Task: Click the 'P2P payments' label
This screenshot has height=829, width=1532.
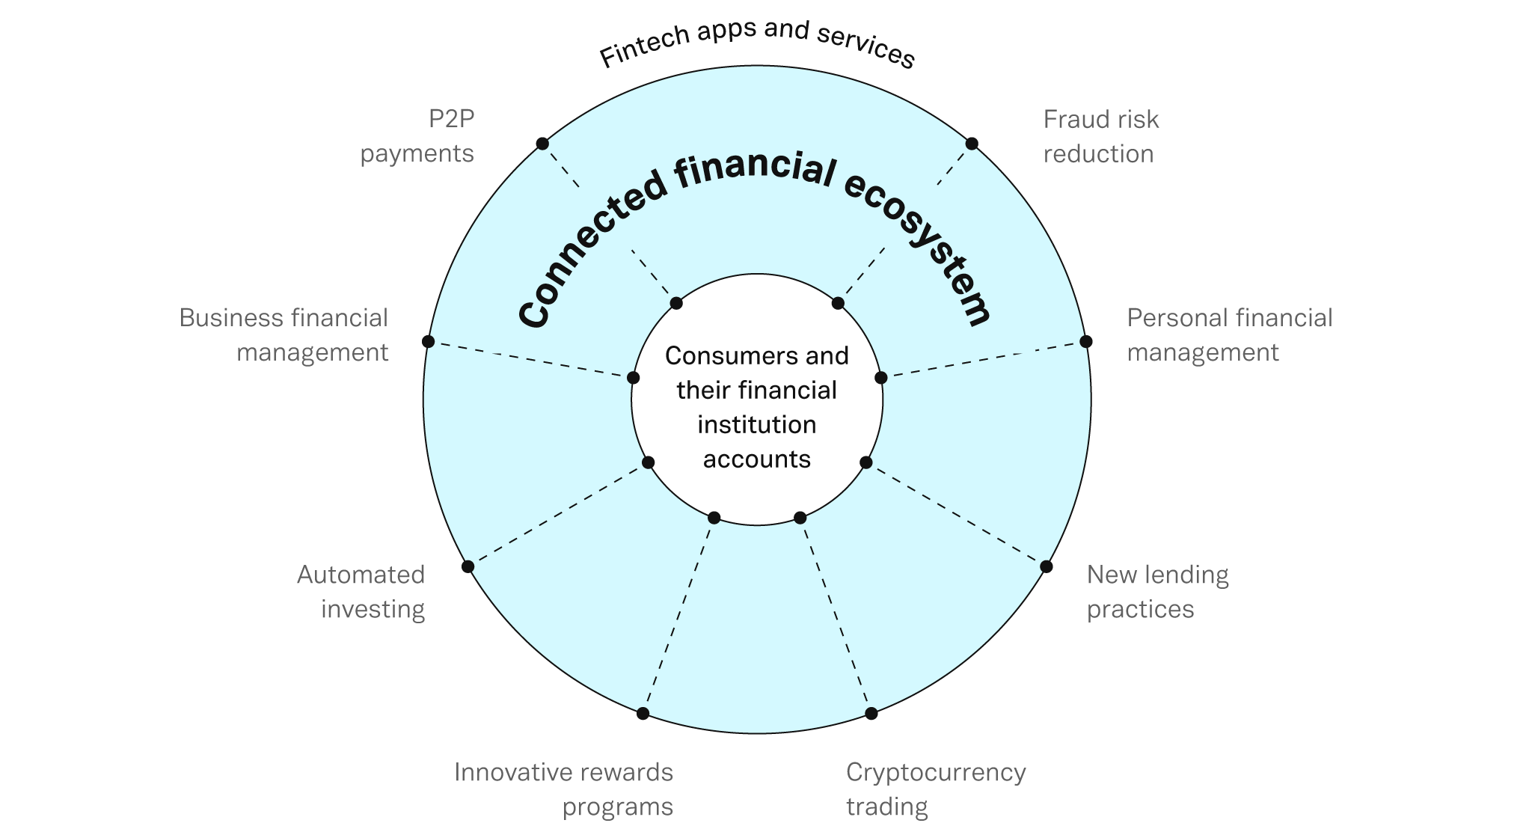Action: click(x=417, y=136)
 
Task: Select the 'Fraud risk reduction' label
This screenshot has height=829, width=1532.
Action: click(x=1100, y=136)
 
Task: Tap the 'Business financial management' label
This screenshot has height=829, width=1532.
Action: click(x=284, y=334)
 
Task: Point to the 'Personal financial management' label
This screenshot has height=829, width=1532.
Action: click(x=1229, y=334)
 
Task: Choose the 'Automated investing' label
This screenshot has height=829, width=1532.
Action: click(x=361, y=591)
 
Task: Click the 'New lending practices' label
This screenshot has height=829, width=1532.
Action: click(x=1157, y=591)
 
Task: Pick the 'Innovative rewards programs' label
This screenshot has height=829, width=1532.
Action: click(x=564, y=789)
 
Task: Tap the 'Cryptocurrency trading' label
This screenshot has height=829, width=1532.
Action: click(x=935, y=789)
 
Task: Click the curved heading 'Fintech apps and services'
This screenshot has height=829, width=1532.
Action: click(x=757, y=42)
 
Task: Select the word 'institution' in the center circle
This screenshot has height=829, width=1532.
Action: click(x=757, y=425)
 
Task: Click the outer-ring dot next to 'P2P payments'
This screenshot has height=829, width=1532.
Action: click(x=542, y=144)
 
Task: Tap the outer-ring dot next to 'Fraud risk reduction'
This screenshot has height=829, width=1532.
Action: click(x=972, y=144)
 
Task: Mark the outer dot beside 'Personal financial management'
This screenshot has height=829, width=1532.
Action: click(x=1086, y=342)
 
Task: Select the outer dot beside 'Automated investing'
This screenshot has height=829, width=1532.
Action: click(x=468, y=566)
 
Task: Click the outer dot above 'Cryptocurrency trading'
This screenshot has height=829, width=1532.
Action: click(x=871, y=713)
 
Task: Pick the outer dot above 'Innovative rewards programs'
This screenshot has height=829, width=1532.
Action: click(x=643, y=713)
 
